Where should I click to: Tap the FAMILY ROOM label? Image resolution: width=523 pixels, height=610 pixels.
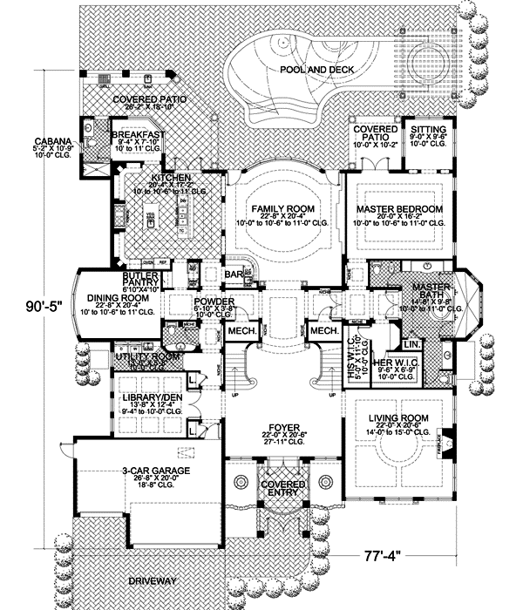click(283, 210)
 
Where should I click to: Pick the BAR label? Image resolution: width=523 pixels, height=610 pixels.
click(232, 274)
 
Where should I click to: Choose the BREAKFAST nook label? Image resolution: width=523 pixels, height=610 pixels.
click(138, 135)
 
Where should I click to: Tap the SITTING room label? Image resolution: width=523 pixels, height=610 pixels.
click(428, 128)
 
